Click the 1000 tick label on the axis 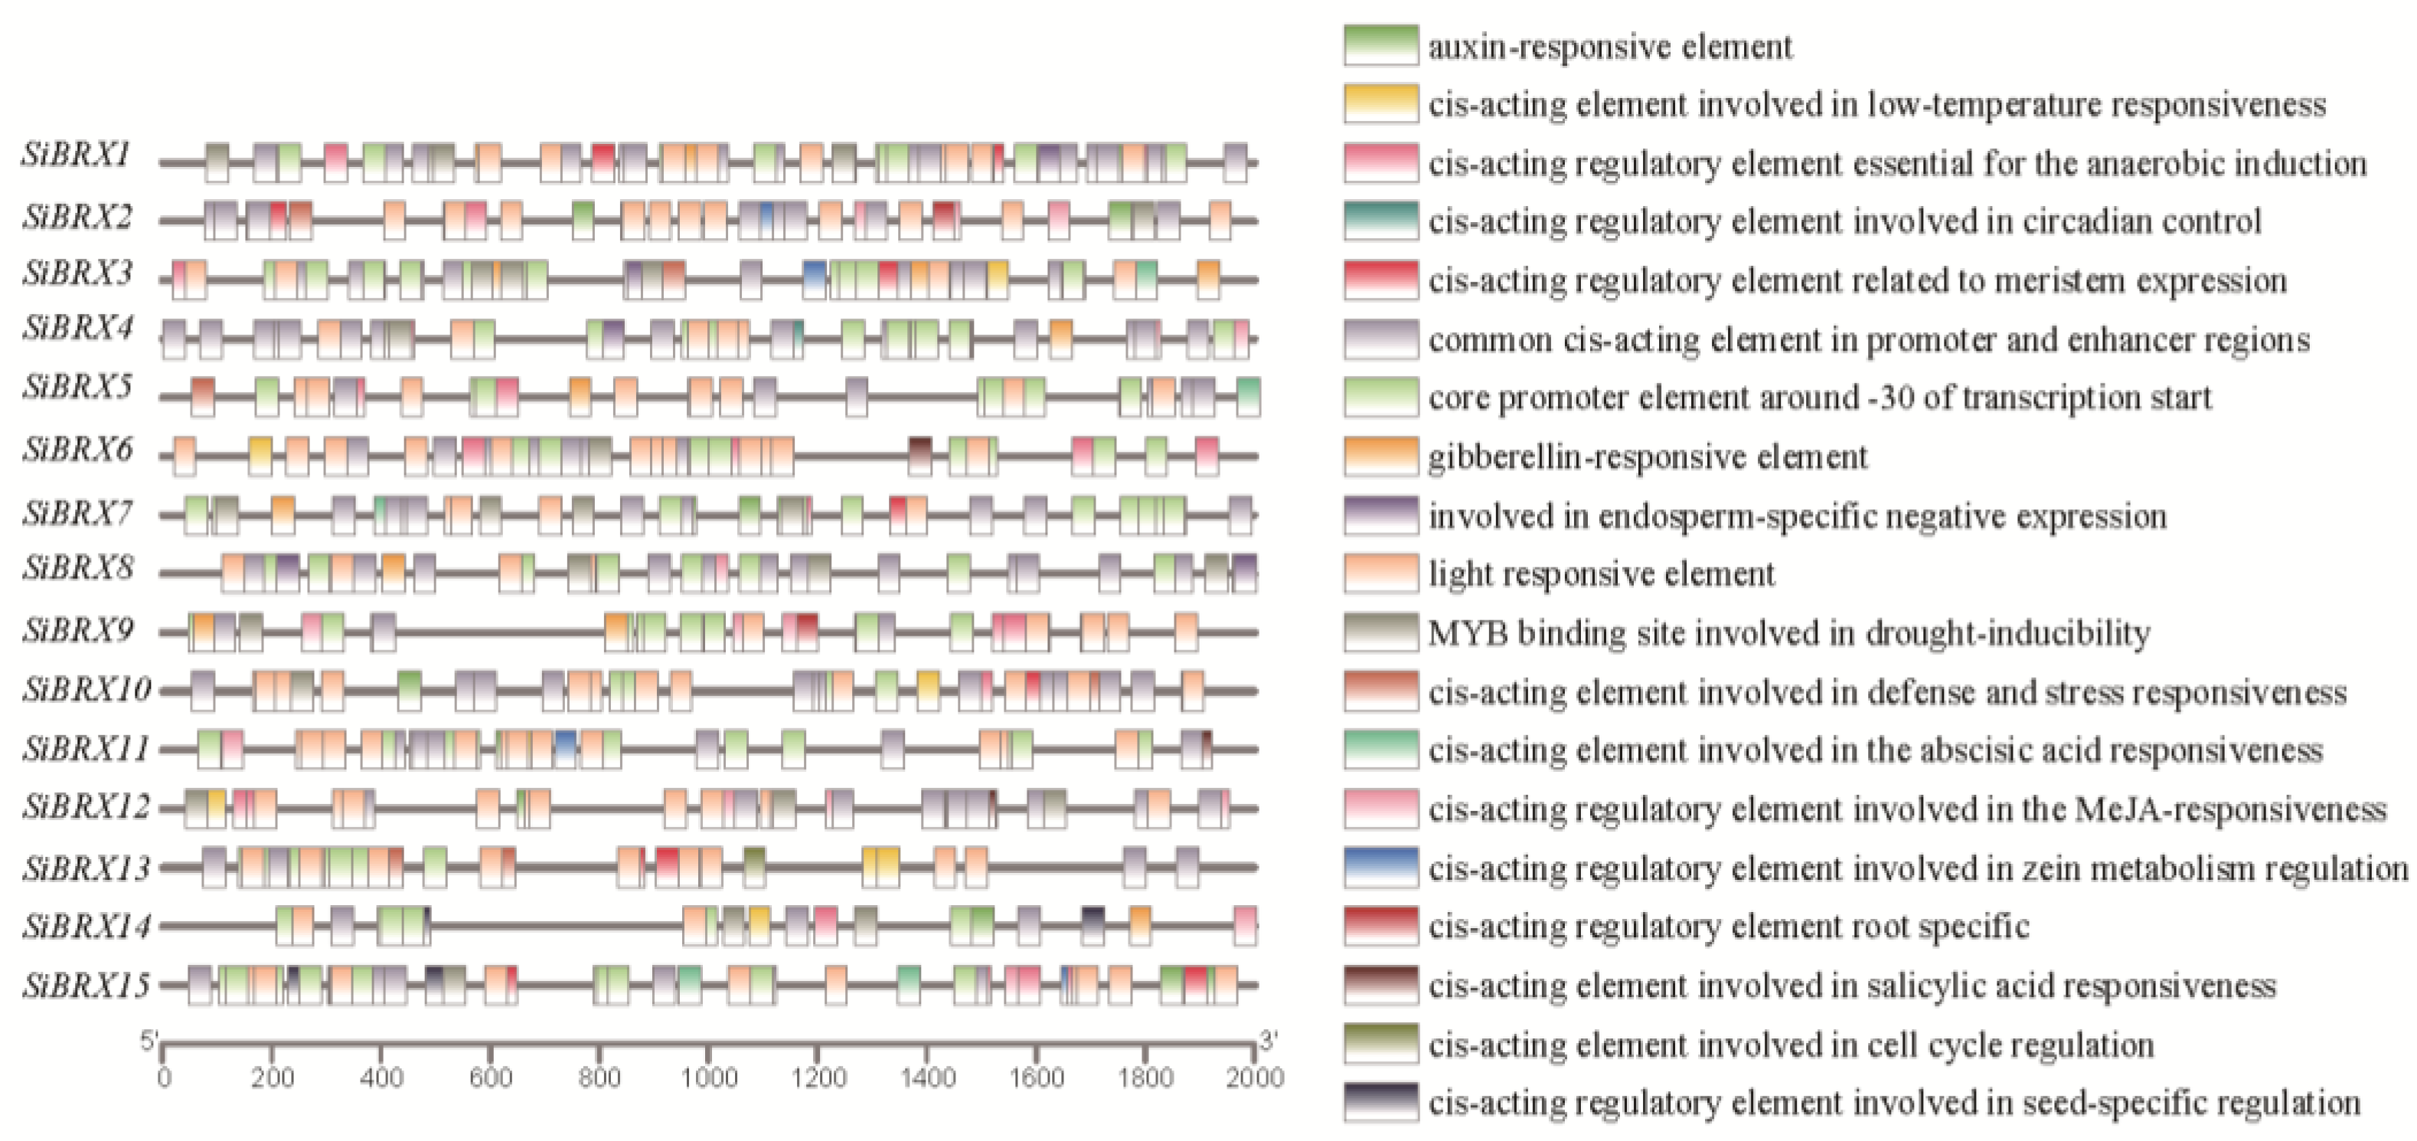(708, 1078)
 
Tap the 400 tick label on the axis (381, 1078)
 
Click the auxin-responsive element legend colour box (1380, 45)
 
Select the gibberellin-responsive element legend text (1648, 457)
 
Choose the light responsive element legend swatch (1380, 574)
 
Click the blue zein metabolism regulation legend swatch (1380, 868)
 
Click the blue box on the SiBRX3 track (815, 280)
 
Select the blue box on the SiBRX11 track (566, 749)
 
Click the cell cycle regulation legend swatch (1380, 1045)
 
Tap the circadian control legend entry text (1844, 221)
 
